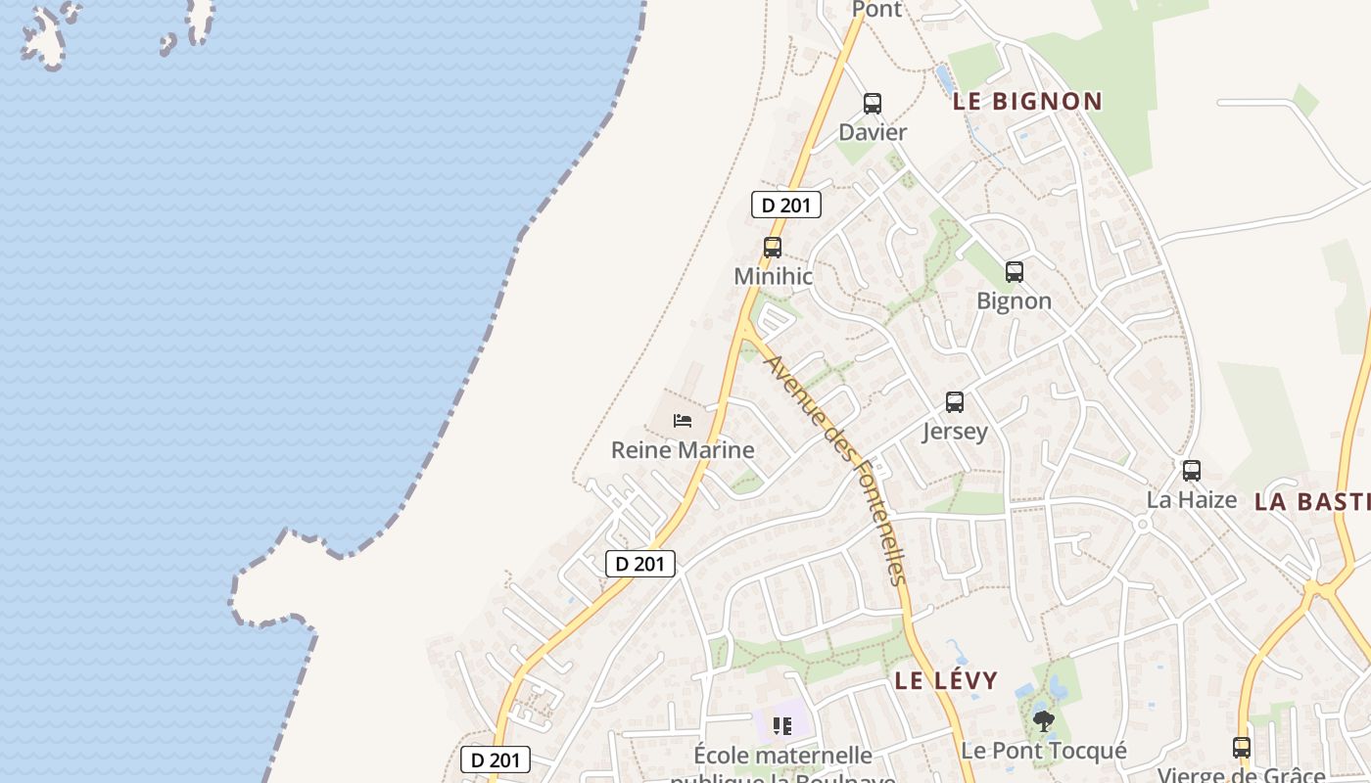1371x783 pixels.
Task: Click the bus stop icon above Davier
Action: pyautogui.click(x=872, y=103)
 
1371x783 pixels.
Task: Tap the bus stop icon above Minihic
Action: pyautogui.click(x=773, y=248)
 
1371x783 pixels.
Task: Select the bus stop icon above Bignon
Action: pyautogui.click(x=1015, y=272)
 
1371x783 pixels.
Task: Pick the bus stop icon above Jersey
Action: pyautogui.click(x=955, y=401)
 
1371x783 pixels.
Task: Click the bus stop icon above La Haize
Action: pyautogui.click(x=1192, y=471)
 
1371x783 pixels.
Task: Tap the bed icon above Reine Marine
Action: pyautogui.click(x=683, y=421)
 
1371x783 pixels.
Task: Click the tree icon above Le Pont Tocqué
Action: pyautogui.click(x=1043, y=722)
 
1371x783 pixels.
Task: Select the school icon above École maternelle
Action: pyautogui.click(x=781, y=725)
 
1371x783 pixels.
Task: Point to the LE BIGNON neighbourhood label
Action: pyautogui.click(x=1028, y=101)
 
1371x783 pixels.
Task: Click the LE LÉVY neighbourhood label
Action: pyautogui.click(x=946, y=680)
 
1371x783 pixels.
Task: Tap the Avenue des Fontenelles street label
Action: pyautogui.click(x=836, y=470)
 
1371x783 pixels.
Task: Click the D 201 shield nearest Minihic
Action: pyautogui.click(x=785, y=206)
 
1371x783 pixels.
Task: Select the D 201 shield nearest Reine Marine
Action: pyautogui.click(x=640, y=564)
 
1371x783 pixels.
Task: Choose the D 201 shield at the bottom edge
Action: pyautogui.click(x=496, y=760)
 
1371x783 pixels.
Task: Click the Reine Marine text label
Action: pyautogui.click(x=683, y=450)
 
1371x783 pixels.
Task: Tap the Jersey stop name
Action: pyautogui.click(x=955, y=432)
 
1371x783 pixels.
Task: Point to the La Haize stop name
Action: pyautogui.click(x=1192, y=500)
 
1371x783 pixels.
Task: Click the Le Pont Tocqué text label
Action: pyautogui.click(x=1043, y=752)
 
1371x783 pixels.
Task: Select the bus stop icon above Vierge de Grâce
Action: pyautogui.click(x=1242, y=748)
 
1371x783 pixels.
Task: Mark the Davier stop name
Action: pyautogui.click(x=873, y=132)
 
